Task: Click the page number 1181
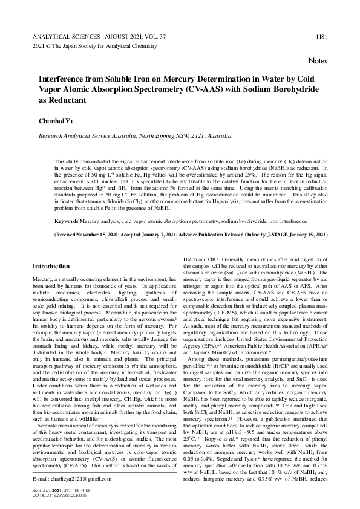pyautogui.click(x=321, y=36)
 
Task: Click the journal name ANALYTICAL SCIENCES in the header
pyautogui.click(x=62, y=36)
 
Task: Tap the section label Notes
pyautogui.click(x=317, y=61)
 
